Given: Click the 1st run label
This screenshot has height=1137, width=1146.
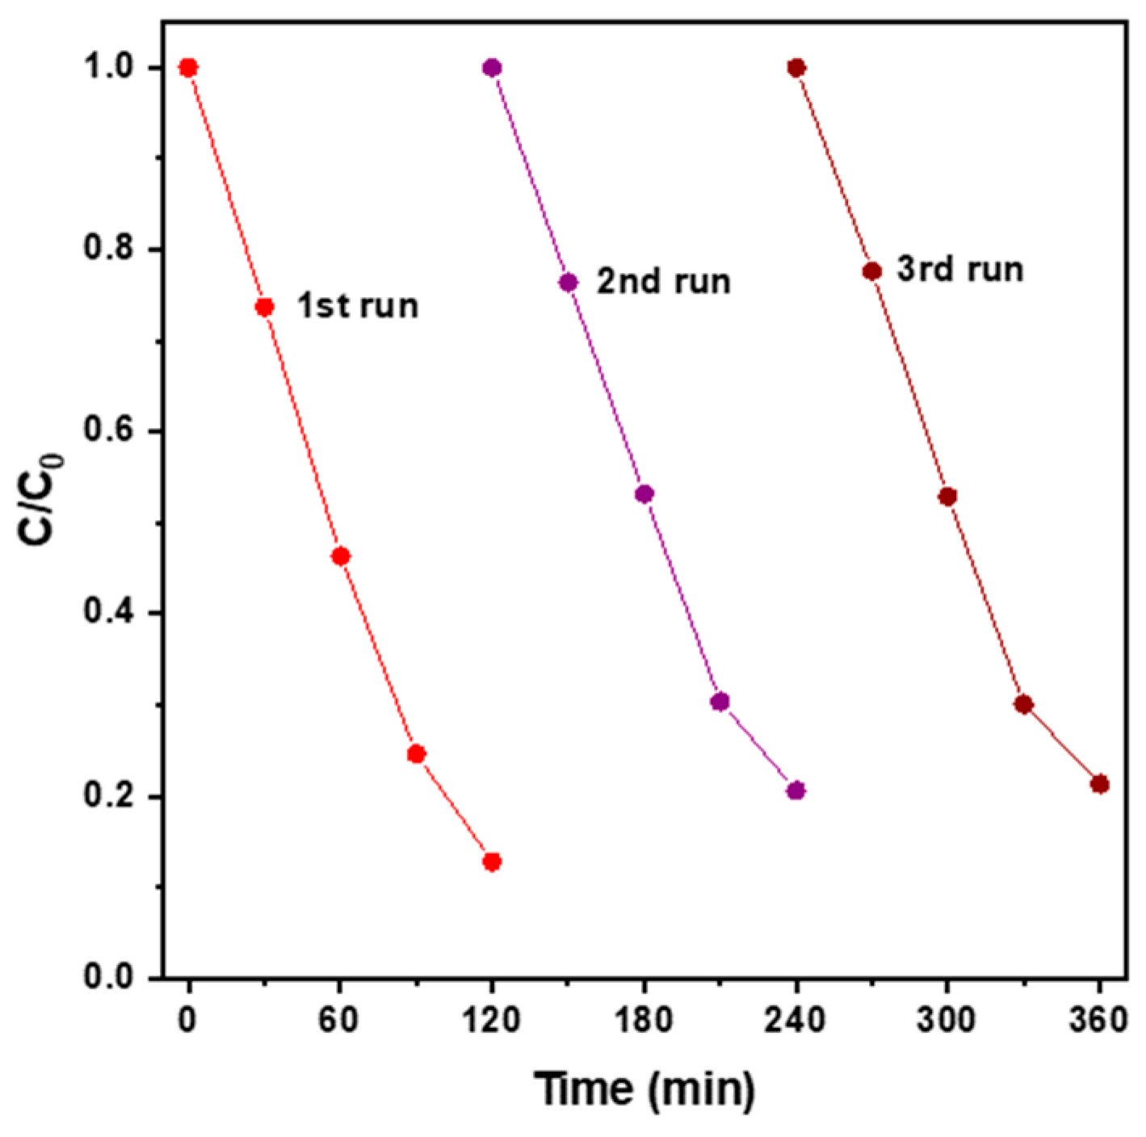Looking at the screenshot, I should click(x=358, y=307).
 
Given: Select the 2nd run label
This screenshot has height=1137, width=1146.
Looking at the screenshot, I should click(x=663, y=282).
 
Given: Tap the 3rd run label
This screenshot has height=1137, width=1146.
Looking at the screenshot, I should click(x=959, y=269).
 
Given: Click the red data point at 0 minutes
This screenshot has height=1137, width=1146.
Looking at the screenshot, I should click(x=188, y=67).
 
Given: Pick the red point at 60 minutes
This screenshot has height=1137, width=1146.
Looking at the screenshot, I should click(x=341, y=556).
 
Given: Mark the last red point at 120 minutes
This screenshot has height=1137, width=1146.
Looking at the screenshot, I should click(x=492, y=862).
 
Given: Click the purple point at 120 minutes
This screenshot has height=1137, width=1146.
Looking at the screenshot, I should click(x=492, y=67).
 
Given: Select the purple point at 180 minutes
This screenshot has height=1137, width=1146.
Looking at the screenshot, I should click(x=644, y=493).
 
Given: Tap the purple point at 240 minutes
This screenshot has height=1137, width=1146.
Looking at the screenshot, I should click(x=796, y=791).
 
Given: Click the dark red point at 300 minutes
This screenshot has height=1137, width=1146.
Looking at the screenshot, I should click(x=948, y=497).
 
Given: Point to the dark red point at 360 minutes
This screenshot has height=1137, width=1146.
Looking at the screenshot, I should click(x=1099, y=784).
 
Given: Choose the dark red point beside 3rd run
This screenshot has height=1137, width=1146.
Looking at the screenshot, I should click(x=872, y=271).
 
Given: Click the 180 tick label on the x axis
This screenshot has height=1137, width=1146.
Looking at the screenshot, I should click(x=644, y=1022).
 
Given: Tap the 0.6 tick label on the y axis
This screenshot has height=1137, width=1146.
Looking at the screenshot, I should click(x=108, y=432).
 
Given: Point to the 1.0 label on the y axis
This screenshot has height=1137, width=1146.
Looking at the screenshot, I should click(x=108, y=68).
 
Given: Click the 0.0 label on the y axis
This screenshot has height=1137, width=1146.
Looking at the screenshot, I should click(x=108, y=978).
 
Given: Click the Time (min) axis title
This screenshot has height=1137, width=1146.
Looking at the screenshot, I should click(x=644, y=1089).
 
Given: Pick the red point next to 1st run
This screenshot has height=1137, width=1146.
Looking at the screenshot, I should click(x=264, y=307).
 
